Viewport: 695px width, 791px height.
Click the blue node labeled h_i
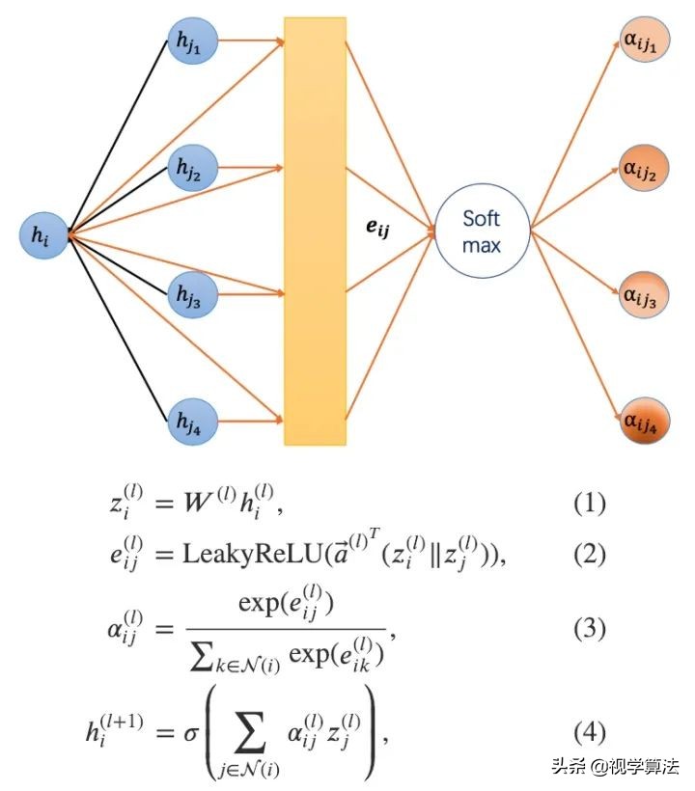43,235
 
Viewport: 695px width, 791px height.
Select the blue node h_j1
192,41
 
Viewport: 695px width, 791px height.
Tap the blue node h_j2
192,168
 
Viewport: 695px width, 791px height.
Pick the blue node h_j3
192,294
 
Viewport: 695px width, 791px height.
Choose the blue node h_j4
192,422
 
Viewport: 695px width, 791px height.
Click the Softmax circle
482,232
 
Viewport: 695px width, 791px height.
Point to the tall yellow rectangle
316,232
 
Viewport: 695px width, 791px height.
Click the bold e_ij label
377,229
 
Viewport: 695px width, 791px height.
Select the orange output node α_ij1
645,40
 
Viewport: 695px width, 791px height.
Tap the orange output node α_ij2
645,169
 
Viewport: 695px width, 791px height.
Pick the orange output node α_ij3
645,295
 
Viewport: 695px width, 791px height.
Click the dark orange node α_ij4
645,422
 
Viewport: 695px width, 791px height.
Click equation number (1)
590,504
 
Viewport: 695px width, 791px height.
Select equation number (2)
590,555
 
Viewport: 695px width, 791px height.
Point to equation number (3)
590,629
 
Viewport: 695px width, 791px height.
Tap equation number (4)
590,732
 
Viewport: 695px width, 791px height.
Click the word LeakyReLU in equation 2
252,555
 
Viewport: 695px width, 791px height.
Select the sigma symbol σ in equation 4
191,733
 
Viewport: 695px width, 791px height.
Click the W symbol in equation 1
198,502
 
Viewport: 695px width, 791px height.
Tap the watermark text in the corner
616,766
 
